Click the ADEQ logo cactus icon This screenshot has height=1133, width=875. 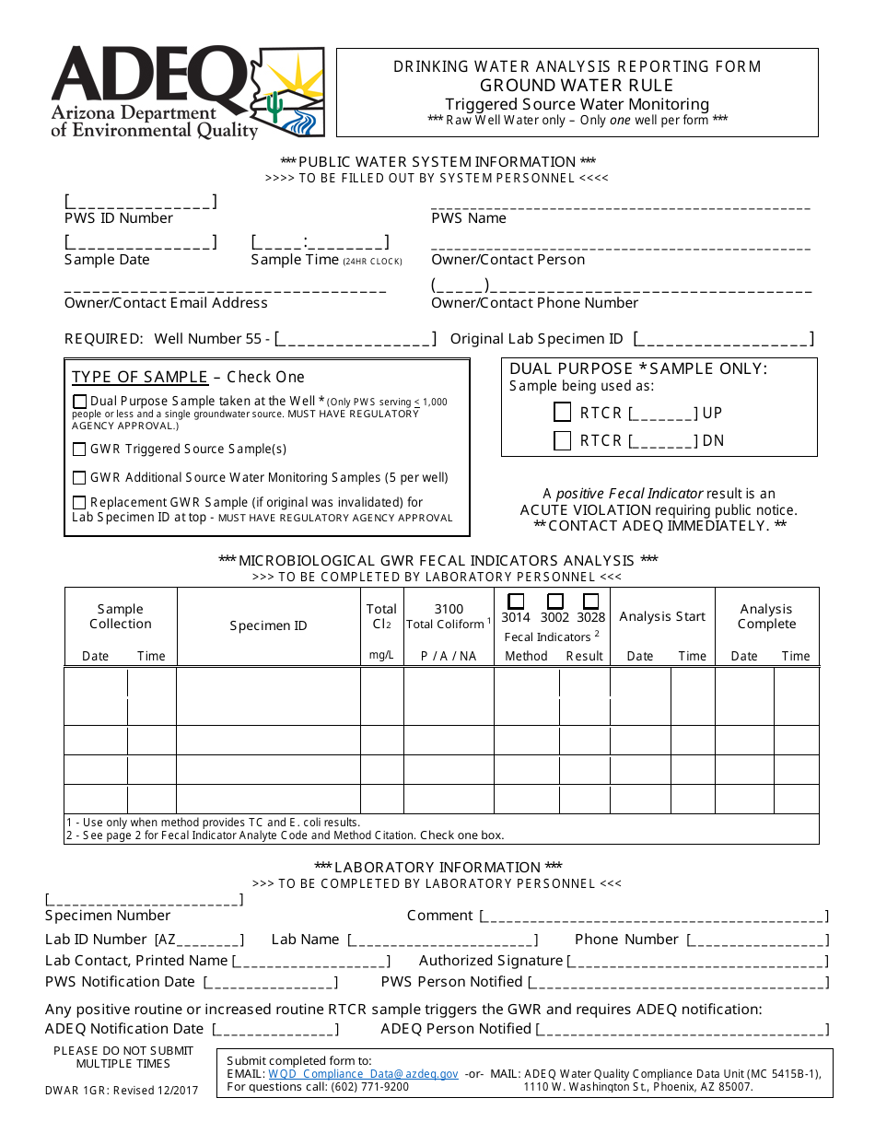pyautogui.click(x=274, y=106)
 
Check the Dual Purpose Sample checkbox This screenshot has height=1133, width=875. pyautogui.click(x=80, y=402)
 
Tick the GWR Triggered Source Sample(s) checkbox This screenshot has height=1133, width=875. pyautogui.click(x=80, y=450)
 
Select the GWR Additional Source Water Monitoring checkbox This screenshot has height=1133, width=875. pyautogui.click(x=80, y=478)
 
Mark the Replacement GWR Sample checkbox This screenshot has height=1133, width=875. pyautogui.click(x=80, y=503)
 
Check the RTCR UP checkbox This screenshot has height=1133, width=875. pyautogui.click(x=562, y=412)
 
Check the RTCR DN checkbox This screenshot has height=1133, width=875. pyautogui.click(x=562, y=440)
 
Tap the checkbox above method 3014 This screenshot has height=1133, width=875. pyautogui.click(x=516, y=601)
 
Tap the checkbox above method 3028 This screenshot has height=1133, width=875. pyautogui.click(x=591, y=601)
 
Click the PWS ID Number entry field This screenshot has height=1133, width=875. pyautogui.click(x=140, y=202)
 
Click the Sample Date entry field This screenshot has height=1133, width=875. pyautogui.click(x=140, y=243)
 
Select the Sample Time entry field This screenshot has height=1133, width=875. pyautogui.click(x=320, y=243)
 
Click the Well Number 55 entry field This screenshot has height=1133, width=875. pyautogui.click(x=356, y=339)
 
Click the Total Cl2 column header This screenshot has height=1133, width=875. pyautogui.click(x=381, y=616)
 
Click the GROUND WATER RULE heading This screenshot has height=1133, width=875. pyautogui.click(x=577, y=85)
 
